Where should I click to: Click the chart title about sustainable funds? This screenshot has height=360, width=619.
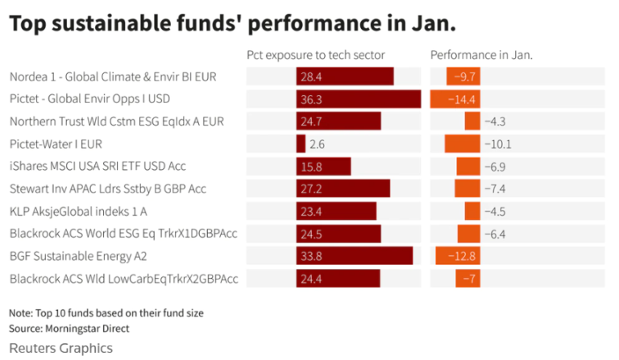[x=232, y=23]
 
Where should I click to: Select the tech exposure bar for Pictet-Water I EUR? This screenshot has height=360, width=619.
[x=301, y=144]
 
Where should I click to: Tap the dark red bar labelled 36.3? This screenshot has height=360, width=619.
[x=358, y=99]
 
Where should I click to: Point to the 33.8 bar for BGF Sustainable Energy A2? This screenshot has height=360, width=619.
[x=354, y=256]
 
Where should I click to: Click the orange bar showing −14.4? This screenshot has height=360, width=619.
[x=455, y=99]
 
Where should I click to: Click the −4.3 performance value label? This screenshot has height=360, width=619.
[x=495, y=122]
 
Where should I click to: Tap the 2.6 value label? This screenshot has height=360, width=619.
[x=317, y=144]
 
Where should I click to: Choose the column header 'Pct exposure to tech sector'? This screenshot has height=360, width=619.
[x=315, y=56]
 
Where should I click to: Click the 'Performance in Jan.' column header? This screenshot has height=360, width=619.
[x=481, y=56]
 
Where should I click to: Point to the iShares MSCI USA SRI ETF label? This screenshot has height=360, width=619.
[x=98, y=166]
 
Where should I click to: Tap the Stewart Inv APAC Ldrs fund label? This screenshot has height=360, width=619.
[x=108, y=188]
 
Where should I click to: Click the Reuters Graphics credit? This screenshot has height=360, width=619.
[x=60, y=348]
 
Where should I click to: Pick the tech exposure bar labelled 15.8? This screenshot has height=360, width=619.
[x=323, y=166]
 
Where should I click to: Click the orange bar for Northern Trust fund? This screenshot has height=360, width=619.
[x=472, y=122]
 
